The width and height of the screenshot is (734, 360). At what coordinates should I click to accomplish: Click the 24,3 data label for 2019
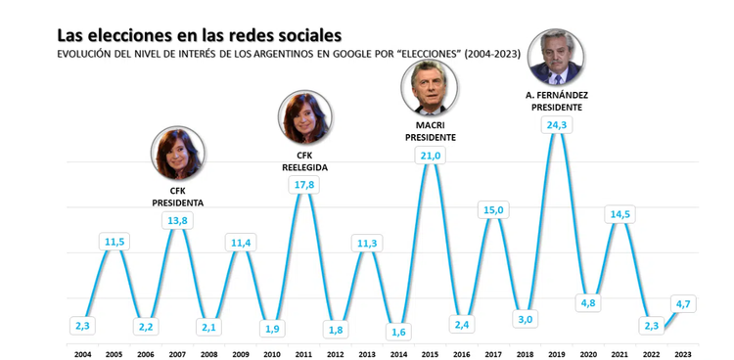tap(558, 125)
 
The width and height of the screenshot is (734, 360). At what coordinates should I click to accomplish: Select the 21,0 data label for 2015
tap(432, 156)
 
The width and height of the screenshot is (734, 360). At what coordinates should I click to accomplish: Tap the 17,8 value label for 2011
tap(305, 185)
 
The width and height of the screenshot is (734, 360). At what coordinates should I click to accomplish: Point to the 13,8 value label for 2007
tap(178, 221)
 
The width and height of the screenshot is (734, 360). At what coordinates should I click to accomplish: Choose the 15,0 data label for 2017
tap(494, 210)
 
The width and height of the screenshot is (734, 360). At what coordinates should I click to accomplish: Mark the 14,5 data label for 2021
tap(620, 214)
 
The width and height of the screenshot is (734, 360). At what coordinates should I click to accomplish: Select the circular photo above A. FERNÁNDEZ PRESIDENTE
tap(557, 59)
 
